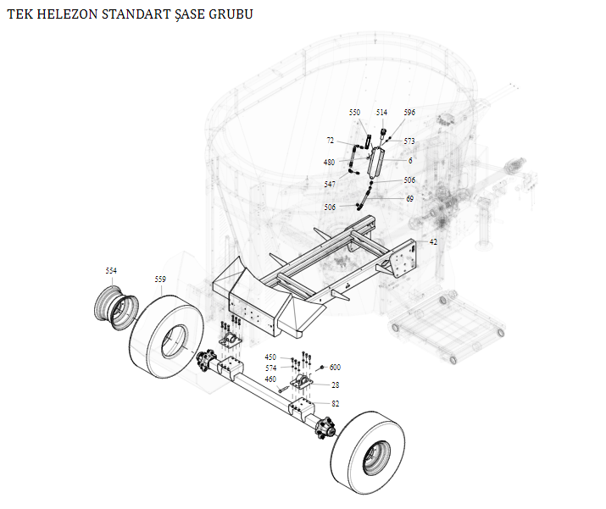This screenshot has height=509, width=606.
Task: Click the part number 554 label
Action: (x=111, y=270)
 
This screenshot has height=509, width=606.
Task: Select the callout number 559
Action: (x=160, y=279)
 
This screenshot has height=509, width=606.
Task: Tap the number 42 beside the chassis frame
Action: (x=433, y=242)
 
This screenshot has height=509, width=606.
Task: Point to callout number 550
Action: (x=354, y=113)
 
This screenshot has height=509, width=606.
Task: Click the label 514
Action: (x=381, y=113)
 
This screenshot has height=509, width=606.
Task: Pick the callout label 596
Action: (x=409, y=113)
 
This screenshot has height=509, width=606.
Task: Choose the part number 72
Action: (x=331, y=141)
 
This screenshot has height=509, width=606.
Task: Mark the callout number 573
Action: (x=409, y=141)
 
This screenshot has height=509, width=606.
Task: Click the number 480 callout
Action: (x=329, y=162)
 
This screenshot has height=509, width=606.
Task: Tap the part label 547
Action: (x=329, y=184)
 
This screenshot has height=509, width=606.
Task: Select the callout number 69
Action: (x=409, y=198)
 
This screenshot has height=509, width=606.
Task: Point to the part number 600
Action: (x=335, y=368)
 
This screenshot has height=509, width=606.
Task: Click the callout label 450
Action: (x=270, y=357)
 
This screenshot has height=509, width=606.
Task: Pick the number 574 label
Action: (x=270, y=368)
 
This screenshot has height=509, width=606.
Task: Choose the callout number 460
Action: (x=270, y=379)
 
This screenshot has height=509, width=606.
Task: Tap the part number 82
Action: (x=335, y=404)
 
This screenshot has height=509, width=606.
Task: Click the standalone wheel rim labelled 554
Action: (x=115, y=307)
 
